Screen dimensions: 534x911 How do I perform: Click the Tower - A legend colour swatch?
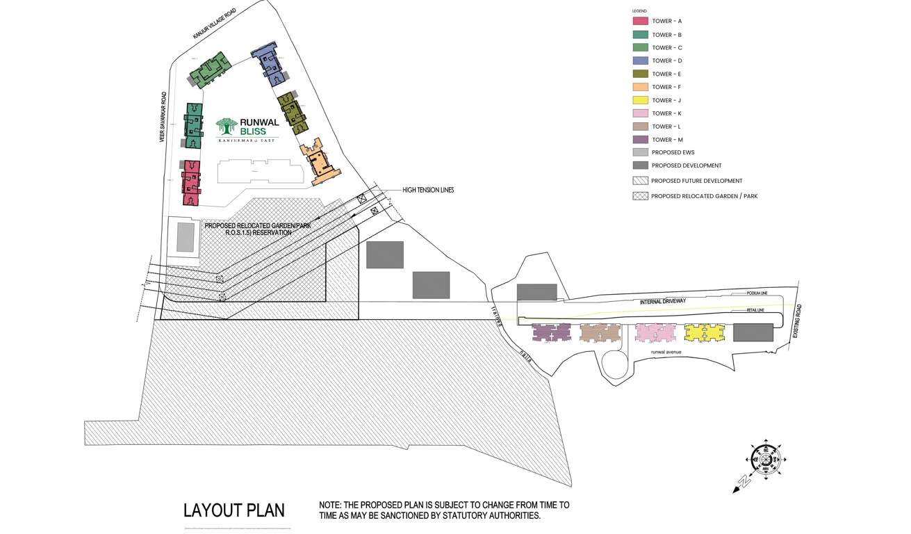tap(640, 22)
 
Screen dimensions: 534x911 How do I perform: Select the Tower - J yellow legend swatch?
tap(640, 100)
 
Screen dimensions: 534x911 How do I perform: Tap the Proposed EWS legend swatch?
tap(640, 152)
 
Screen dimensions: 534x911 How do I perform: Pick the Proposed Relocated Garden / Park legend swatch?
tap(640, 196)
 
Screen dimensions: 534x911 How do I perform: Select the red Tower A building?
tap(191, 183)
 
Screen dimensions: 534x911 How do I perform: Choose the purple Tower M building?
tap(551, 332)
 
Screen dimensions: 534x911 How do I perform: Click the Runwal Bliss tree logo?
tap(227, 127)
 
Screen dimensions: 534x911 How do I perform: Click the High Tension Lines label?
tap(428, 190)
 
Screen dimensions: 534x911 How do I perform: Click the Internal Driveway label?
tap(663, 301)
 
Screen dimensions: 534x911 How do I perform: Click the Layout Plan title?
tap(234, 510)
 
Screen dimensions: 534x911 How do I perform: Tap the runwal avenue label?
tap(666, 352)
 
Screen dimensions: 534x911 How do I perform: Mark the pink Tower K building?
tap(655, 332)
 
